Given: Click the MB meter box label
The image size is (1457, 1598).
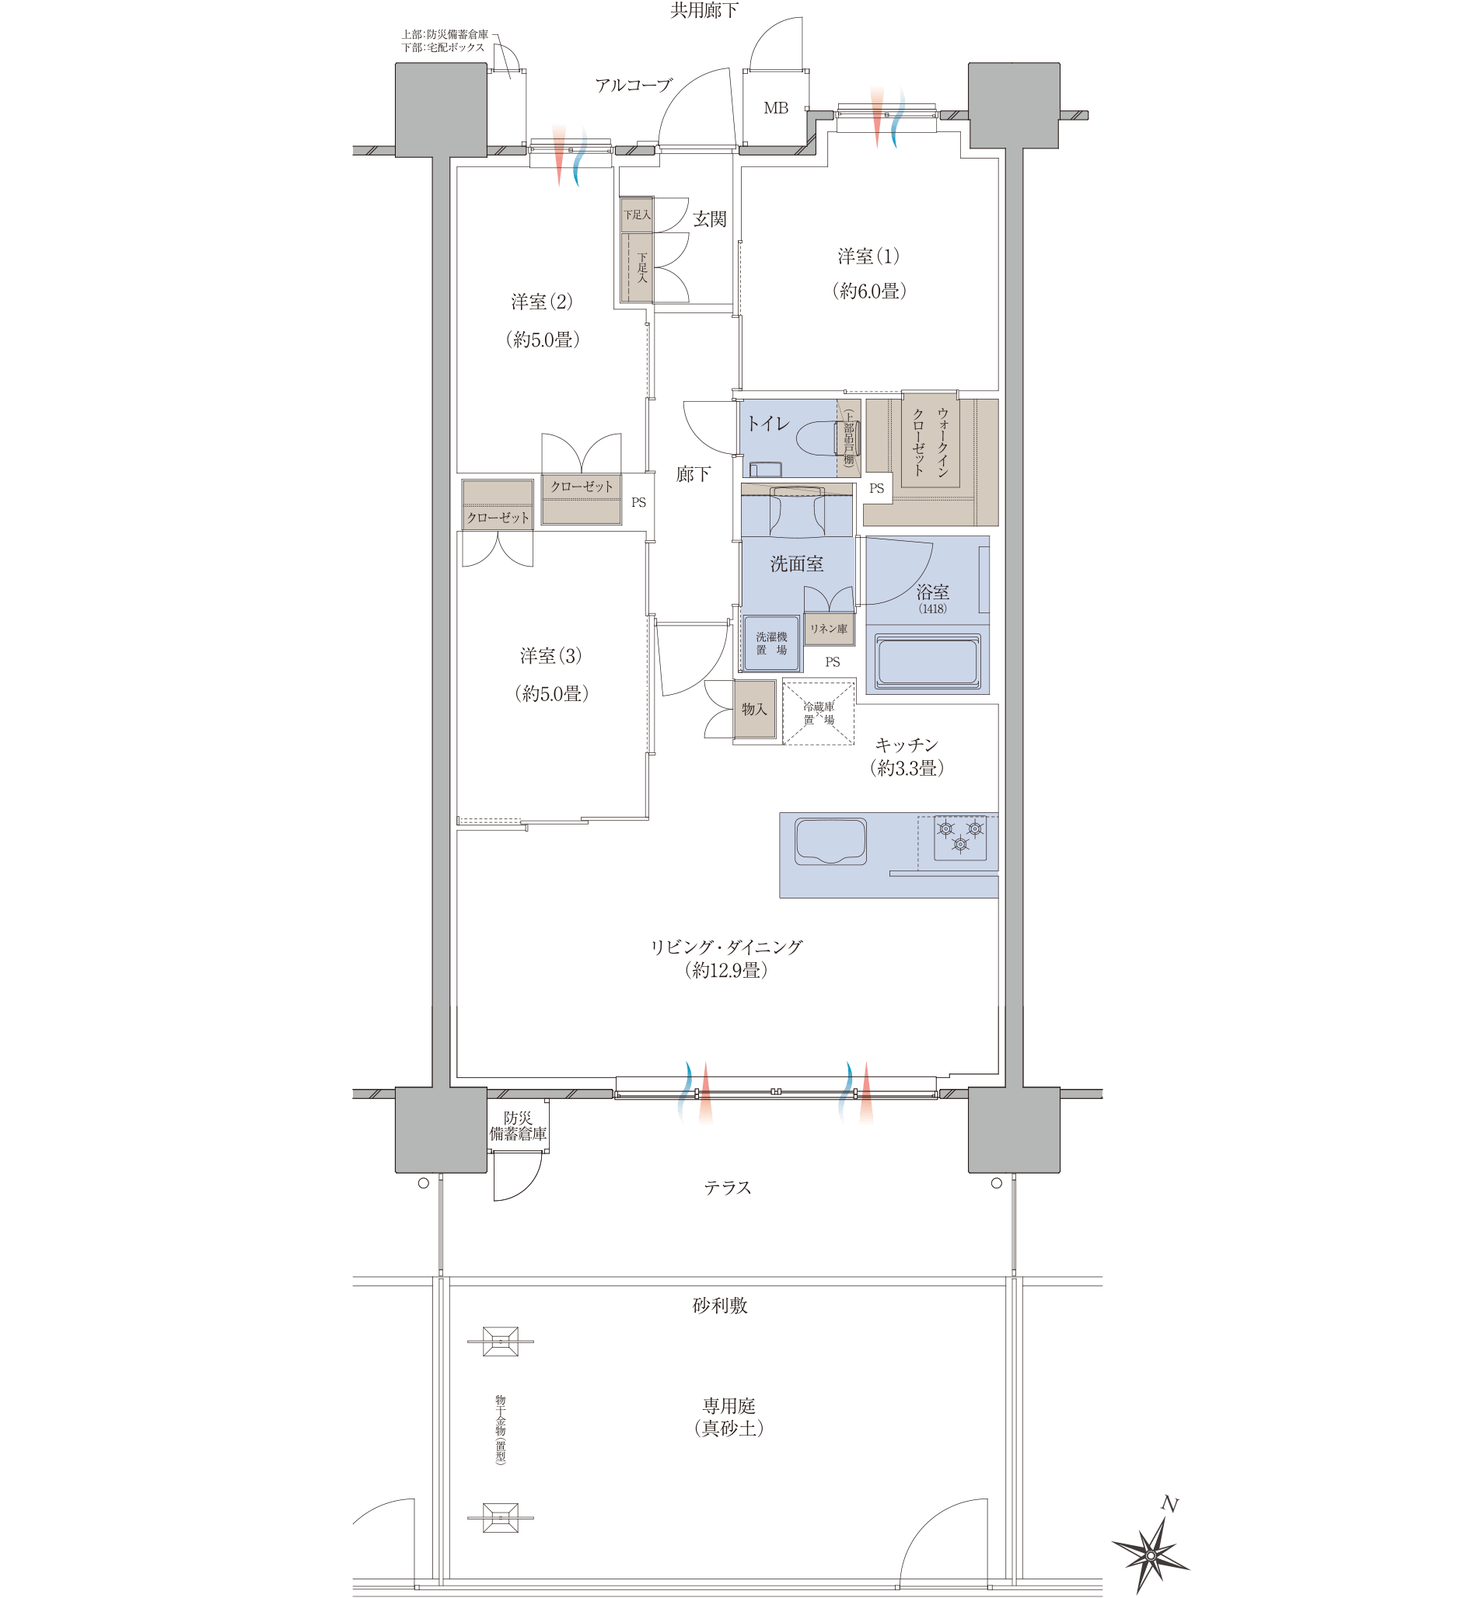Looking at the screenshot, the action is pos(775,108).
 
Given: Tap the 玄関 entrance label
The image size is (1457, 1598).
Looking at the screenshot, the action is pos(710,218).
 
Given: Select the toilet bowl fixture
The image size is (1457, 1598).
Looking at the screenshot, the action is pos(824,438).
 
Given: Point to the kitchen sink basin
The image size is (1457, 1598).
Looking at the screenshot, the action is pos(830,841).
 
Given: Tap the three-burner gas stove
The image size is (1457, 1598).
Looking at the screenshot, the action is pos(960,837).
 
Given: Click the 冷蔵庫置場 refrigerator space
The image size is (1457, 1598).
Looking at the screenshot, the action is pos(819,712).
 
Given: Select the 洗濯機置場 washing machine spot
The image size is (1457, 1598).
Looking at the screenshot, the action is pos(771,643).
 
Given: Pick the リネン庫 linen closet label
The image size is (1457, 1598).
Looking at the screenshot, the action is pos(828,629).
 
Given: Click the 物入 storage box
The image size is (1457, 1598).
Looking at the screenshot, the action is pos(754,710).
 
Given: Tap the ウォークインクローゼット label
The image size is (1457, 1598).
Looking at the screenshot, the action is pos(930,441).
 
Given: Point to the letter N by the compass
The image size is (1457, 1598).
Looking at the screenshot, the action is pos(1169,1504).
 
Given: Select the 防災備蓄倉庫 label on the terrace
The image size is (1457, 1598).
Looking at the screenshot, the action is pos(518,1125).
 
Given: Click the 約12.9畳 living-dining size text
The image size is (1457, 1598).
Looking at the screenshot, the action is pos(726,970).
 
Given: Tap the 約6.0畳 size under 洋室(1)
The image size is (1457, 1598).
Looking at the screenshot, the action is pos(868,291).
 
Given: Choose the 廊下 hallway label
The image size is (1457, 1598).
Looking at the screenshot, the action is pos(693,474).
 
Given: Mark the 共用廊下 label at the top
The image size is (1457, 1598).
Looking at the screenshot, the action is pos(704,10).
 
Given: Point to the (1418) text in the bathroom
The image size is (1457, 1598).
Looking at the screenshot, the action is pos(932,609).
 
